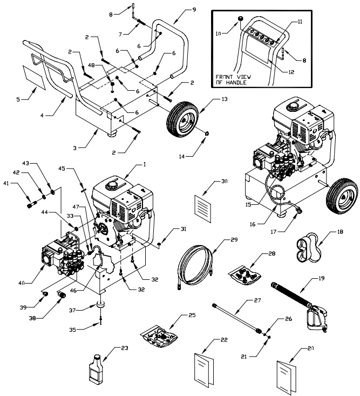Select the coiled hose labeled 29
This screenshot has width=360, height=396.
click(195, 262)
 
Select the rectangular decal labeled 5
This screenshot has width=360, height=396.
click(32, 76)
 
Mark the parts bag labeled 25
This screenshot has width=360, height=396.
click(161, 338)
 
